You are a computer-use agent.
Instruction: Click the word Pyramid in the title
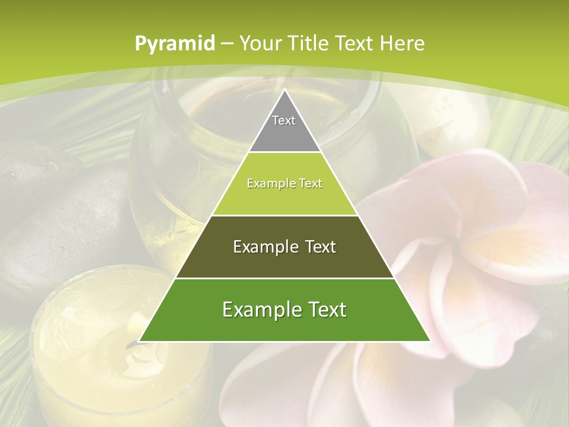[174, 44]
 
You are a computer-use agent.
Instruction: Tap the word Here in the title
[402, 44]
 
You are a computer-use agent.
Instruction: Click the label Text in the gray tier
[284, 120]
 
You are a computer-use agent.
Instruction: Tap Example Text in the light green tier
[284, 183]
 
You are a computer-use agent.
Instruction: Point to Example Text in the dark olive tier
[284, 247]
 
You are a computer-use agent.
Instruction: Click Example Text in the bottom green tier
[284, 310]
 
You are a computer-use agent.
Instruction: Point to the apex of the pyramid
[284, 90]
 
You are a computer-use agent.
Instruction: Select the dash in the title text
[228, 44]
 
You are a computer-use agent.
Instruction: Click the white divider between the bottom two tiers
[284, 278]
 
